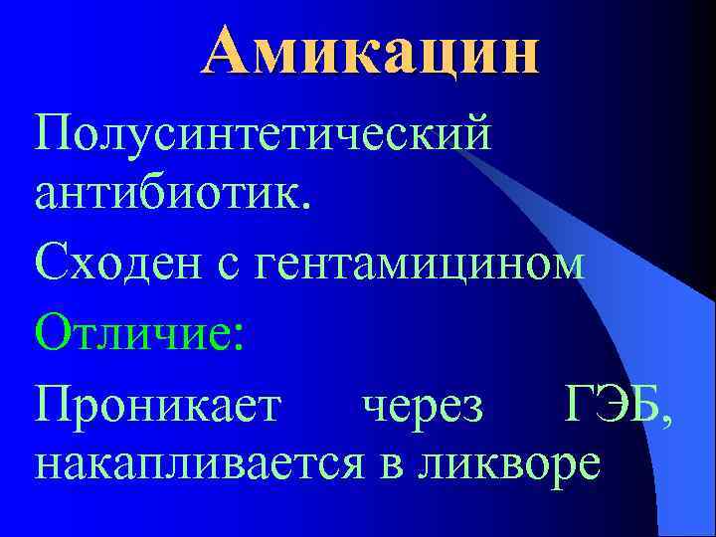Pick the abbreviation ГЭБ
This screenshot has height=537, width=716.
tap(612, 408)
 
